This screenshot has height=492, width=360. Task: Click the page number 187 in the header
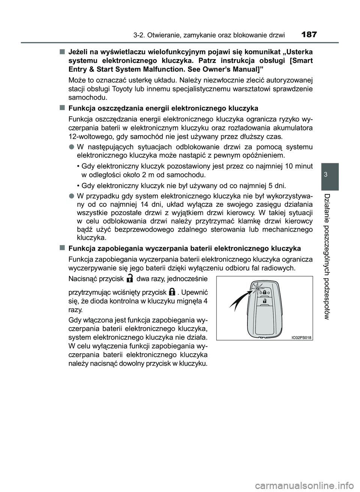coord(309,35)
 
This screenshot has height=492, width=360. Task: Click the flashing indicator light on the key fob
coord(258,288)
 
